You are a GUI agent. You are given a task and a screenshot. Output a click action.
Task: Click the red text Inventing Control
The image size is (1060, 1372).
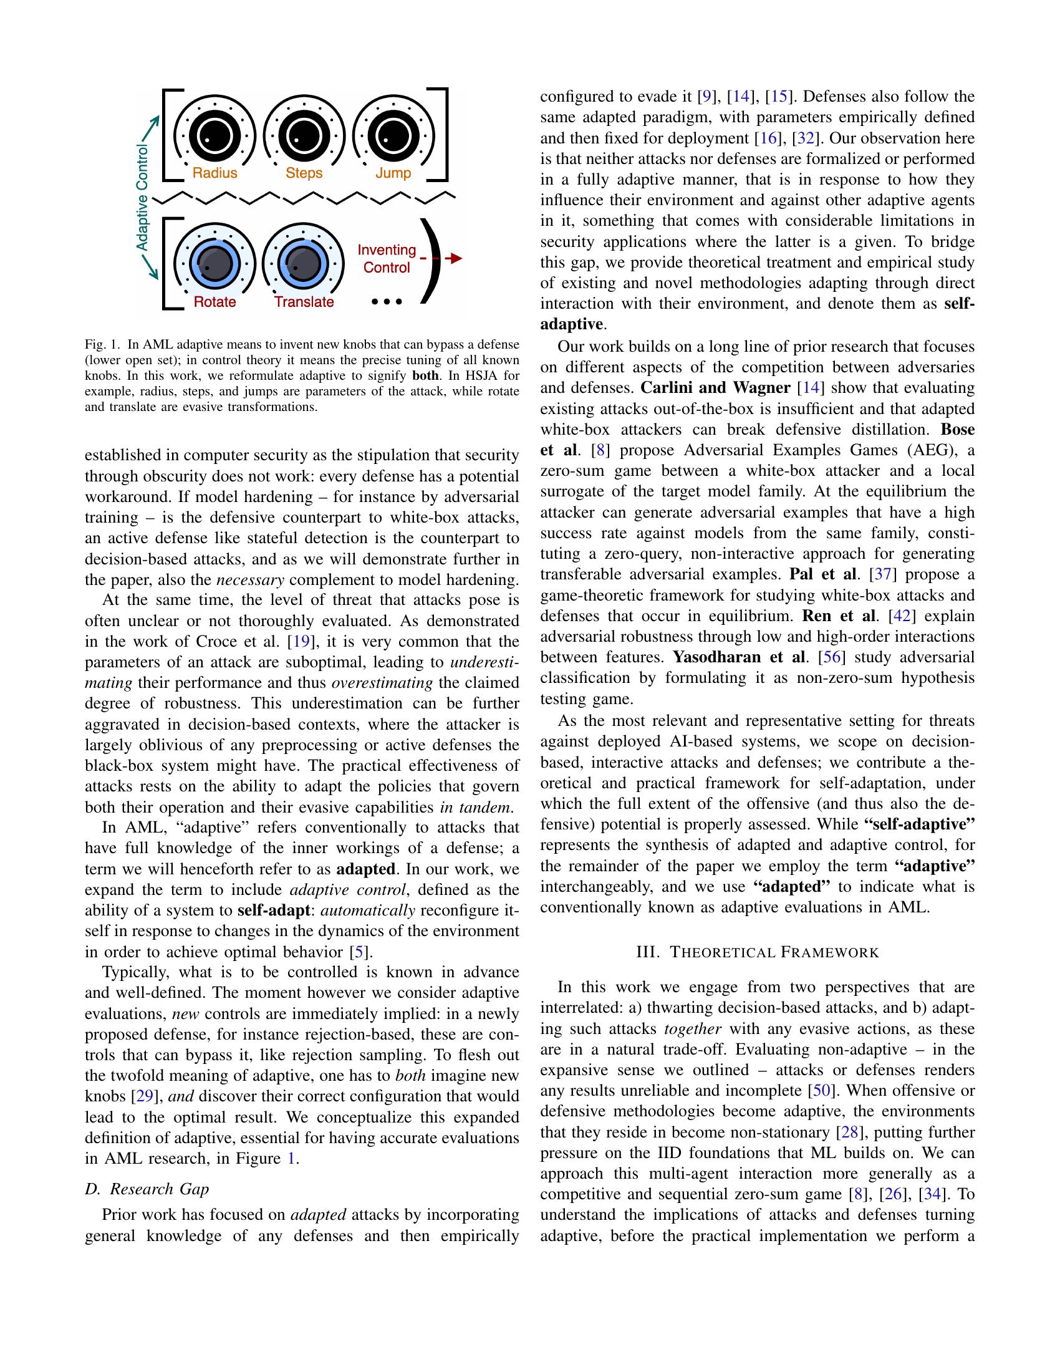(387, 259)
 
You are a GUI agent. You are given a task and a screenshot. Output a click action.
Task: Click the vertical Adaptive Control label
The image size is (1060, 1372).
(143, 198)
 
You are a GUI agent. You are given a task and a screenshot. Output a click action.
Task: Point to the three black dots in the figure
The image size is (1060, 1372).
(387, 302)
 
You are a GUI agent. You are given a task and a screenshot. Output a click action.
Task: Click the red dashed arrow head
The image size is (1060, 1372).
(457, 258)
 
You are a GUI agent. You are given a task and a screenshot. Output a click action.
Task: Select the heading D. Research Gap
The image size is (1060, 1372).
(147, 1189)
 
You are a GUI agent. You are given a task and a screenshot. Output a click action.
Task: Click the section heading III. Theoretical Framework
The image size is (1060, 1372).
(758, 952)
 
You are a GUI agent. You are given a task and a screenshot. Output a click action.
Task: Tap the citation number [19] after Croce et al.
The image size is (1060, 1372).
(297, 641)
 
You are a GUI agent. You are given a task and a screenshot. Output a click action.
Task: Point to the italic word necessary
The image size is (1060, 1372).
(250, 579)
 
